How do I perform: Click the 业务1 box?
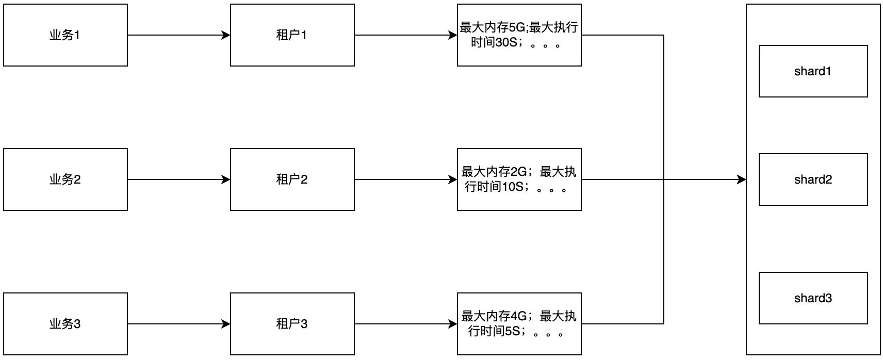[66, 35]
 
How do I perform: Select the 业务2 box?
[66, 179]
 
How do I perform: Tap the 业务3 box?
[66, 324]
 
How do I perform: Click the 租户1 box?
[292, 35]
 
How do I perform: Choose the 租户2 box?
[292, 179]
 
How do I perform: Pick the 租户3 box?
[292, 324]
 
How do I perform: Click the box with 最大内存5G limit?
[519, 35]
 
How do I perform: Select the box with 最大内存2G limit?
[519, 179]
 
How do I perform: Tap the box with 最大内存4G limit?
[519, 324]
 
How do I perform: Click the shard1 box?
[813, 71]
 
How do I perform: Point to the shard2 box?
[813, 179]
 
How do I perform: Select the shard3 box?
[813, 298]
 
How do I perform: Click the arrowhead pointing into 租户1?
[226, 35]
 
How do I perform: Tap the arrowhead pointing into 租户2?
[226, 179]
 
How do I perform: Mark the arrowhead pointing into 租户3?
[226, 324]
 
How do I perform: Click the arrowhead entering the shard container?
[742, 179]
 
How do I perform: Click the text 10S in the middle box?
[512, 187]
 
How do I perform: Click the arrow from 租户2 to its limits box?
[405, 179]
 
